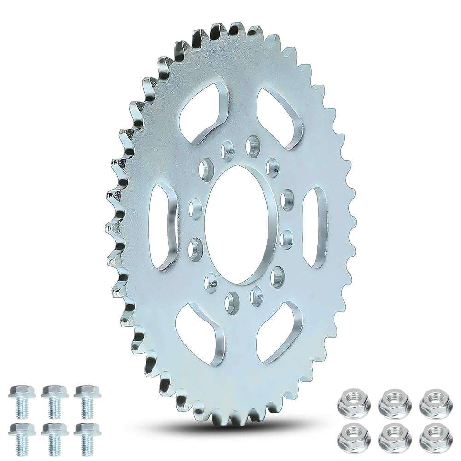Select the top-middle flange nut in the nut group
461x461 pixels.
[x=393, y=397]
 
